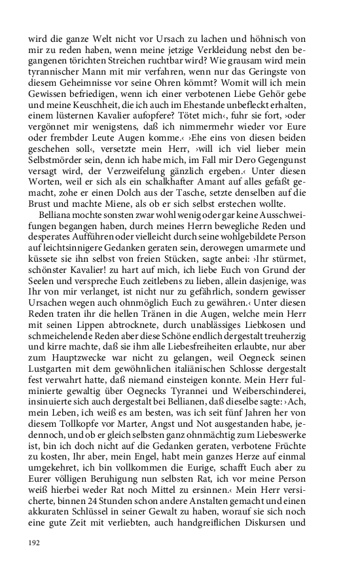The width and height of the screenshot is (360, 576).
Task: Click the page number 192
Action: point(34,543)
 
